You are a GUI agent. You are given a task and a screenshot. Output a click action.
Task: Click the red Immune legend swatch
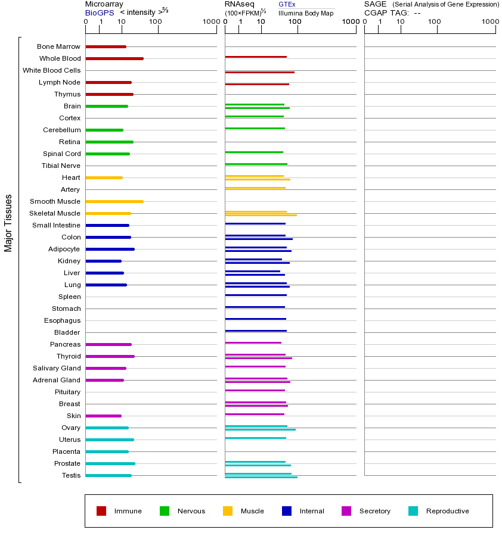click(x=101, y=511)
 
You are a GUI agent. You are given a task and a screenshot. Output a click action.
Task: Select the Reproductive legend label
click(x=448, y=511)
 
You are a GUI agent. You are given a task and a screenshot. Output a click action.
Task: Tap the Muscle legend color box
click(x=228, y=511)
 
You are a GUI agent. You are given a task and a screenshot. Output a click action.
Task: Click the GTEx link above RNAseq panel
click(x=287, y=4)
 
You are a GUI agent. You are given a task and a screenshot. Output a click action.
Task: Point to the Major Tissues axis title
click(x=8, y=223)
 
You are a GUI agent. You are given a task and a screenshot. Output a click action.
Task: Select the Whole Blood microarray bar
click(x=114, y=58)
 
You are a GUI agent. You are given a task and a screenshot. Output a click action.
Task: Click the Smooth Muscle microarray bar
click(x=114, y=201)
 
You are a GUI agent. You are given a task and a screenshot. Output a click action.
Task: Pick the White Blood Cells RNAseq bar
click(x=259, y=72)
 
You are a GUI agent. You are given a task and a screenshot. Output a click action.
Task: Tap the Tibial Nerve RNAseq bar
click(x=256, y=164)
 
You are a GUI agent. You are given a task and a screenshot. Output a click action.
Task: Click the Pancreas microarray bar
click(x=109, y=344)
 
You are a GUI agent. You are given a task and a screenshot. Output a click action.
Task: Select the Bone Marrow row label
click(x=58, y=46)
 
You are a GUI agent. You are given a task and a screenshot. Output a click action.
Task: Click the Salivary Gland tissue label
click(x=57, y=368)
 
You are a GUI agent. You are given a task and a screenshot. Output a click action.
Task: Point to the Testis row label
click(x=71, y=475)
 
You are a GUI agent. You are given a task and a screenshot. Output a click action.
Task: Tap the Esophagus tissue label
click(x=62, y=320)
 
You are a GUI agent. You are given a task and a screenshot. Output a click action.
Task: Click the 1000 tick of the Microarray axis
click(x=209, y=22)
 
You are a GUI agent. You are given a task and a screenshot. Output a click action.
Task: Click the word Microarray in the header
click(x=104, y=4)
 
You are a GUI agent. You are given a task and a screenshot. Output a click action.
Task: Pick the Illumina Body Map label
click(x=306, y=13)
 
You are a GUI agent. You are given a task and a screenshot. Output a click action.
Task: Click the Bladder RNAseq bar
click(x=256, y=331)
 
